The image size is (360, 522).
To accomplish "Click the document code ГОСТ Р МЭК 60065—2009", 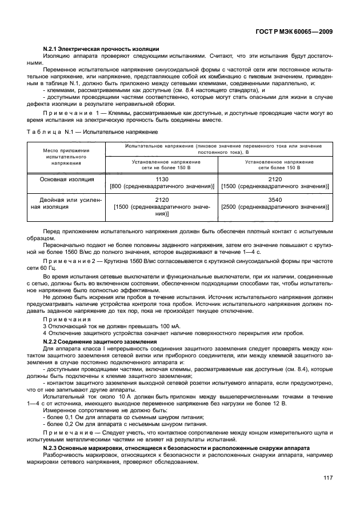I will (x=295, y=33).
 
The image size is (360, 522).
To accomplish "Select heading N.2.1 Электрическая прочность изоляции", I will (x=101, y=50).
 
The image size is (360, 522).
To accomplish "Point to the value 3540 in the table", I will (x=274, y=200).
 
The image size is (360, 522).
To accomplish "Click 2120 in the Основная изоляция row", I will (x=274, y=179).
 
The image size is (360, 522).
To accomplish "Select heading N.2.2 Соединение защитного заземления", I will (x=100, y=341).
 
